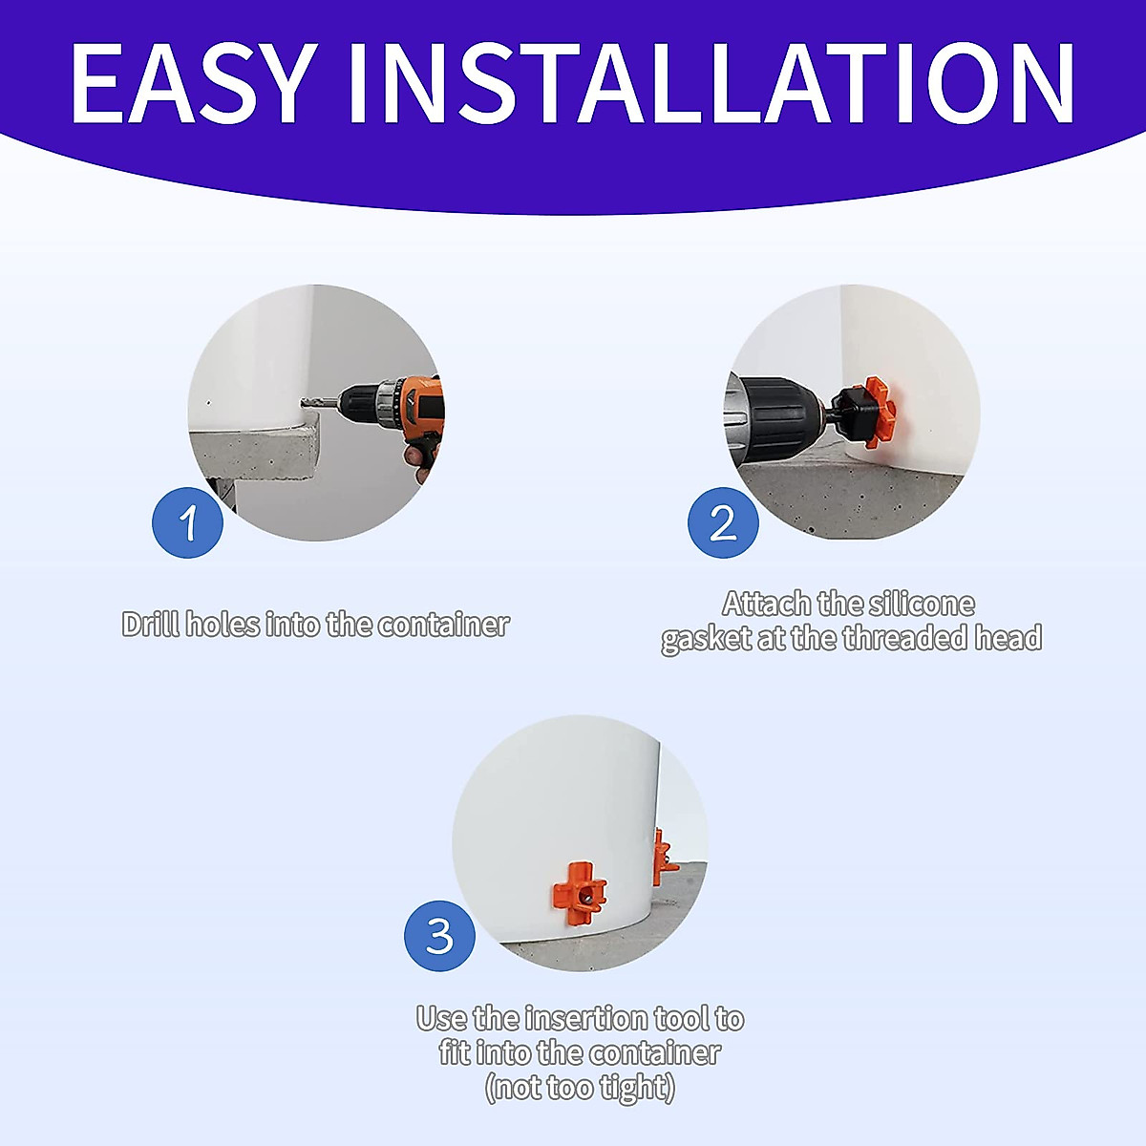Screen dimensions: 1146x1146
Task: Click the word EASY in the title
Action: click(191, 84)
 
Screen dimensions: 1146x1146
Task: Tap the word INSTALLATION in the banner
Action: click(711, 84)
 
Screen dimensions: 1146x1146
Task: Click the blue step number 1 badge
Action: click(188, 522)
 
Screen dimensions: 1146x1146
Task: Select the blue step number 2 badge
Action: click(723, 522)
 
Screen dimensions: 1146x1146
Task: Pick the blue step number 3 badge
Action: click(439, 936)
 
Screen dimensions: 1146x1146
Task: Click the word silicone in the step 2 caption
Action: click(922, 605)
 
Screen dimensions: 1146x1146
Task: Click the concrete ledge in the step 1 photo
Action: click(258, 449)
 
